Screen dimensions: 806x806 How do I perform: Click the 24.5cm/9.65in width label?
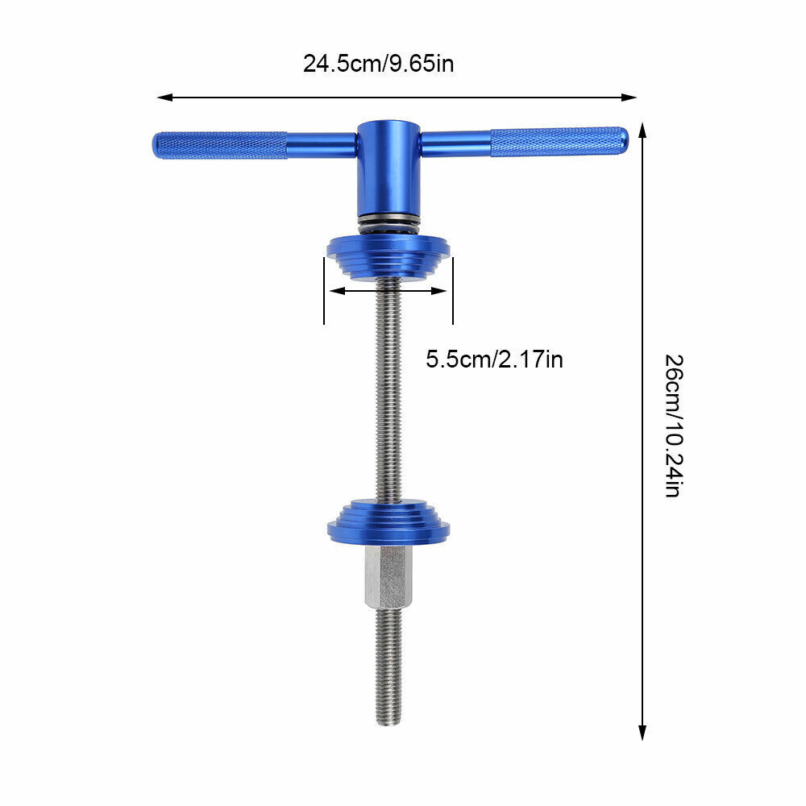tap(378, 64)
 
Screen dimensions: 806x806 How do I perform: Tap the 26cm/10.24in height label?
tap(673, 425)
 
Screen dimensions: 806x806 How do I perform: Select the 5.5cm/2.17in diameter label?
tap(494, 359)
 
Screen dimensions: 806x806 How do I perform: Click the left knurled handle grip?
tap(220, 145)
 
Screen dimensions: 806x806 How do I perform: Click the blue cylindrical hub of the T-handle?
tap(388, 169)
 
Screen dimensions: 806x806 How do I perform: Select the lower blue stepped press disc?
tap(388, 521)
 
